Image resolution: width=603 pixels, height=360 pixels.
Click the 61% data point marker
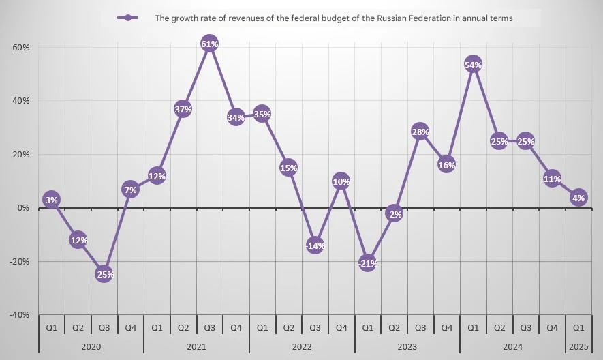pos(210,45)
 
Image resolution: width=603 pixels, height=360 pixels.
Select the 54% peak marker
pos(473,65)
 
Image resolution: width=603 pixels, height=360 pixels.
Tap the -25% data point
pos(104,274)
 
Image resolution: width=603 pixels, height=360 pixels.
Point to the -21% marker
pos(368,263)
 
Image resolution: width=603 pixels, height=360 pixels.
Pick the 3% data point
pos(51,200)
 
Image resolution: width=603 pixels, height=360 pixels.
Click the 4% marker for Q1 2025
pos(578,198)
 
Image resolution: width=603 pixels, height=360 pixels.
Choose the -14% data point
pos(315,245)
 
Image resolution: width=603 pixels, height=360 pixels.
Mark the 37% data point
pos(183,109)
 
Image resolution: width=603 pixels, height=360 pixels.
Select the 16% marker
pos(446,164)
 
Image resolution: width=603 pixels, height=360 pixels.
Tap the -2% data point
pos(394,213)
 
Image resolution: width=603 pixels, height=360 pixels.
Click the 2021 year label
pos(196,346)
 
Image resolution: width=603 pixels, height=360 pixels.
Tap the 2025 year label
pos(578,346)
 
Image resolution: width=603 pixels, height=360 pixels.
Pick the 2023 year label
pos(407,346)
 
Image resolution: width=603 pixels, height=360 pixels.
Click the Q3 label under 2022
pos(315,327)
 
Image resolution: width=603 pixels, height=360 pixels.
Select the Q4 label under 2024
pos(552,327)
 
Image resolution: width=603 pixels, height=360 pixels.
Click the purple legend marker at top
pos(127,18)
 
